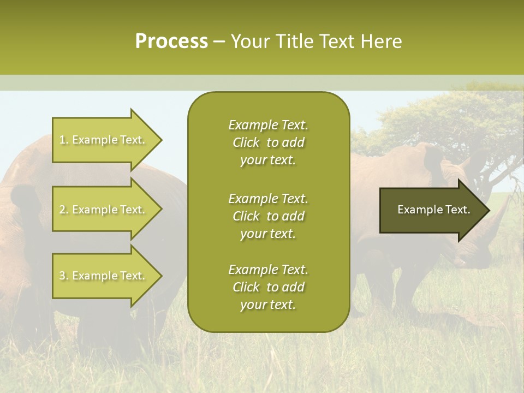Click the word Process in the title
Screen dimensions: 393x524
(x=171, y=41)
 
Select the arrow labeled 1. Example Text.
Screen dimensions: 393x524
(x=104, y=140)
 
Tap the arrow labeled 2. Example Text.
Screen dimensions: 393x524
(x=104, y=210)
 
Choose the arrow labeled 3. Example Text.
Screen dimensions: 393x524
(x=104, y=276)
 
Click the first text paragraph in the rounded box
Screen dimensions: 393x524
(x=268, y=142)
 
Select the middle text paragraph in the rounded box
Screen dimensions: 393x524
(x=268, y=216)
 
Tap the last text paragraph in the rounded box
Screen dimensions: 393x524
(x=268, y=287)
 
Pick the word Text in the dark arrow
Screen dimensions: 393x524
(x=457, y=210)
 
